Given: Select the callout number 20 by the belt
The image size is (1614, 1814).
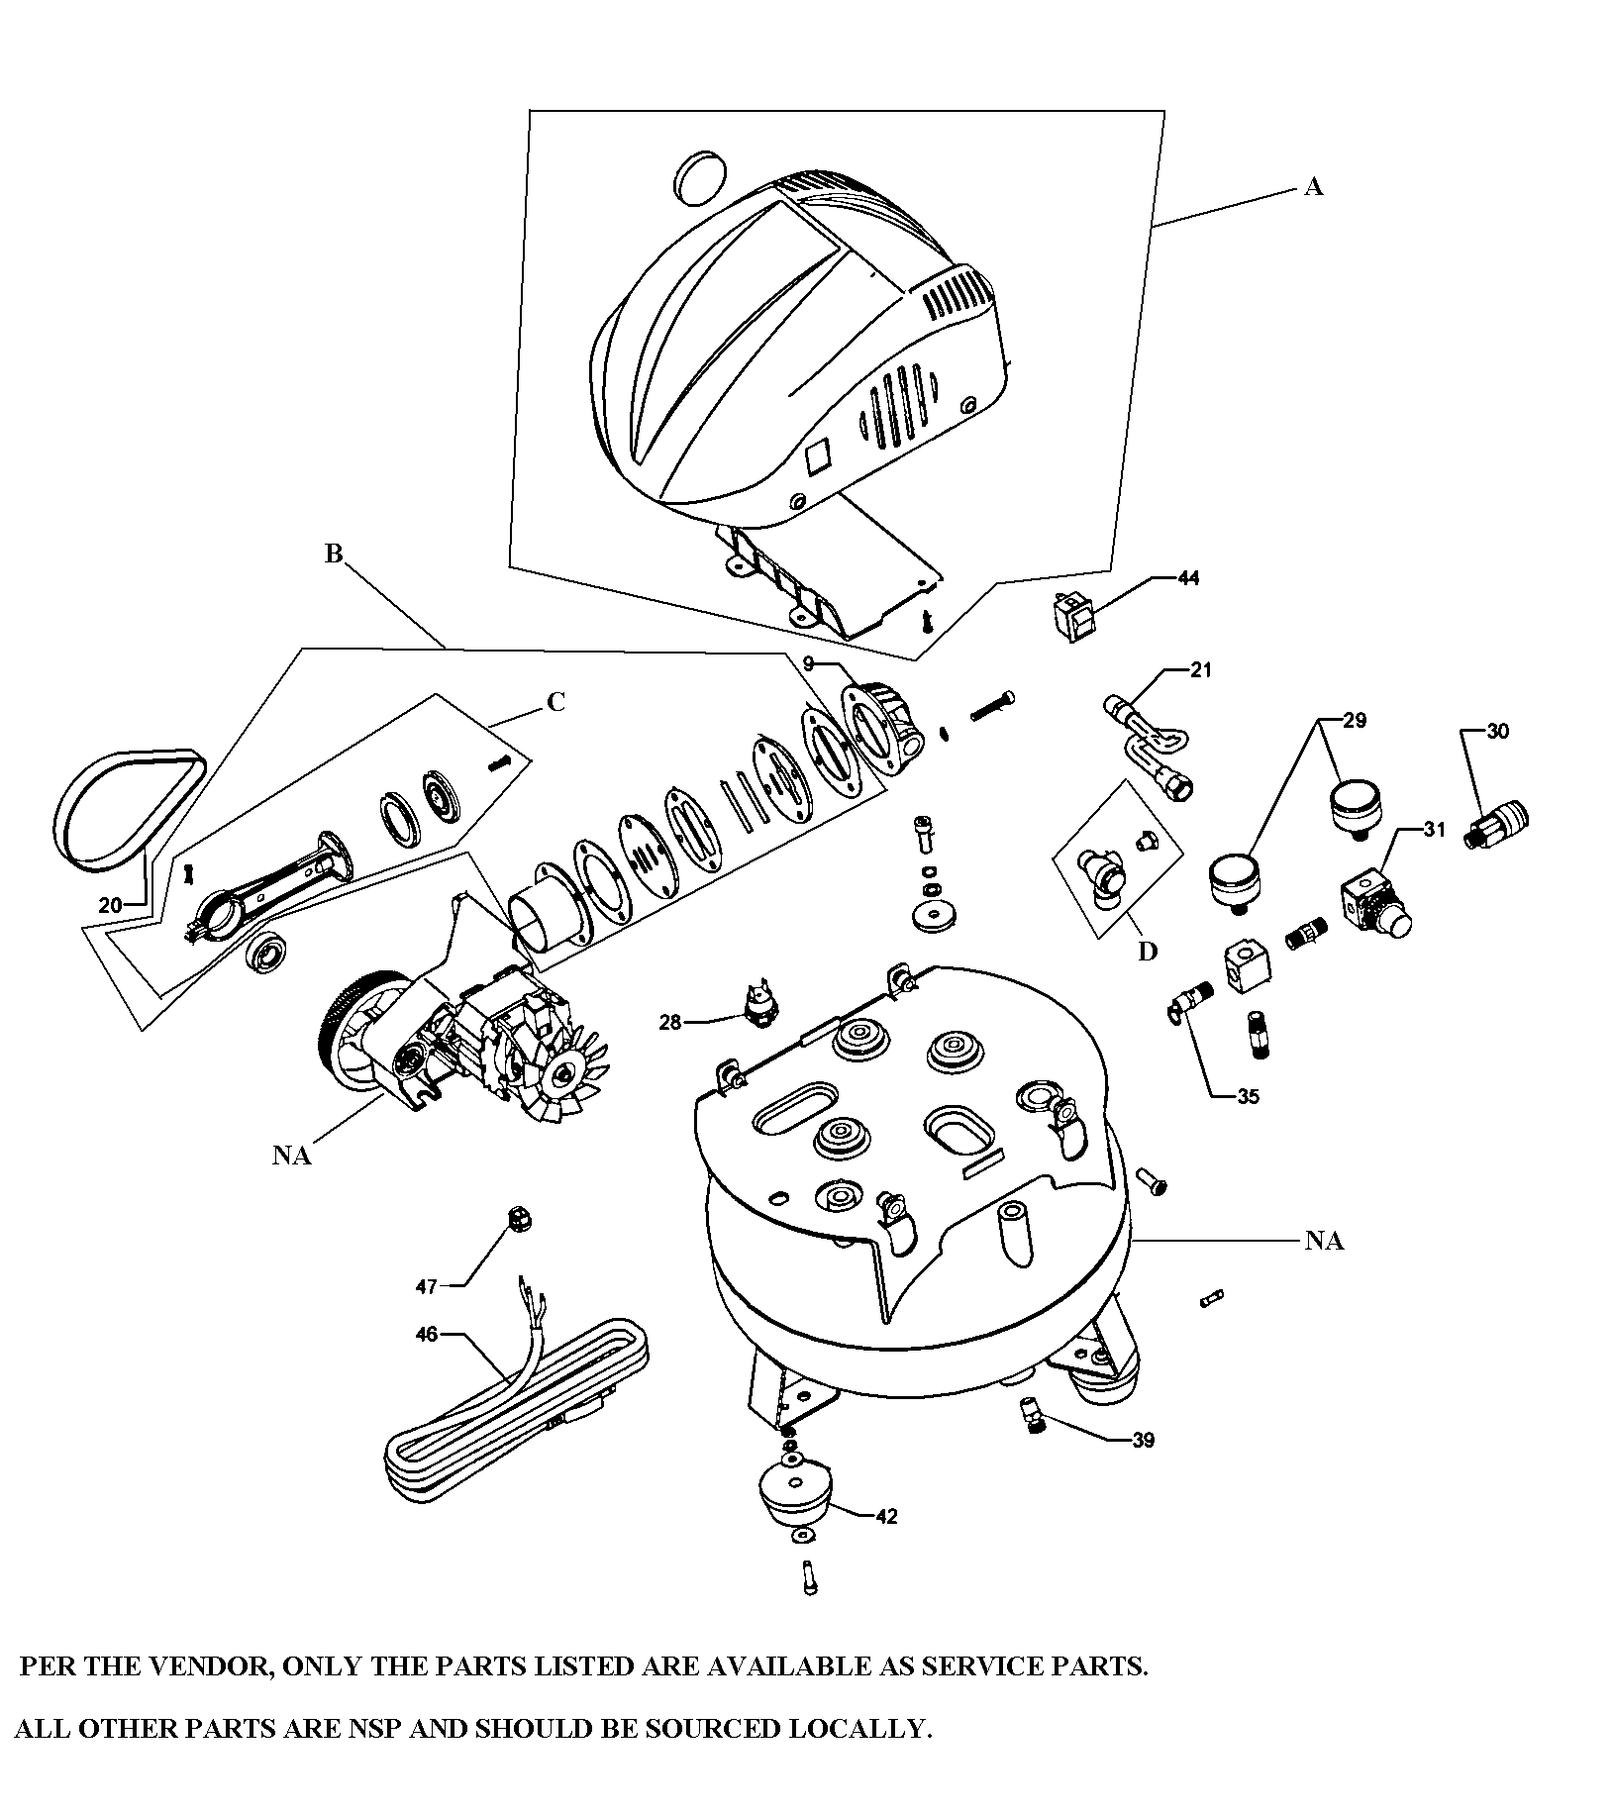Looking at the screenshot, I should pyautogui.click(x=110, y=904).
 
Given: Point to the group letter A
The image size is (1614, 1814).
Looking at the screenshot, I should pyautogui.click(x=1313, y=187).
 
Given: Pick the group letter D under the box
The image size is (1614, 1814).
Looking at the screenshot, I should pyautogui.click(x=1147, y=952).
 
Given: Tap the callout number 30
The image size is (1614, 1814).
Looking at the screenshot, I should pyautogui.click(x=1497, y=732).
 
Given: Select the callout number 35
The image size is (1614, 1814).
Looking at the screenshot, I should pyautogui.click(x=1248, y=1097).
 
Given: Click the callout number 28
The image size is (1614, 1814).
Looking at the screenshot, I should pyautogui.click(x=670, y=1022).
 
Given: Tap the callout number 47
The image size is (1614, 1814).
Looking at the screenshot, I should pyautogui.click(x=426, y=1286).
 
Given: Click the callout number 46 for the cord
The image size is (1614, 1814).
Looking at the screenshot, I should pyautogui.click(x=426, y=1335).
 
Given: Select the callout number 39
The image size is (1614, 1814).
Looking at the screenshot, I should pyautogui.click(x=1143, y=1440).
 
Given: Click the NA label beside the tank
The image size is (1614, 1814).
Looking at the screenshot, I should pyautogui.click(x=1323, y=1241).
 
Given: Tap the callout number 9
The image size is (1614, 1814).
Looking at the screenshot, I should pyautogui.click(x=808, y=662).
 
